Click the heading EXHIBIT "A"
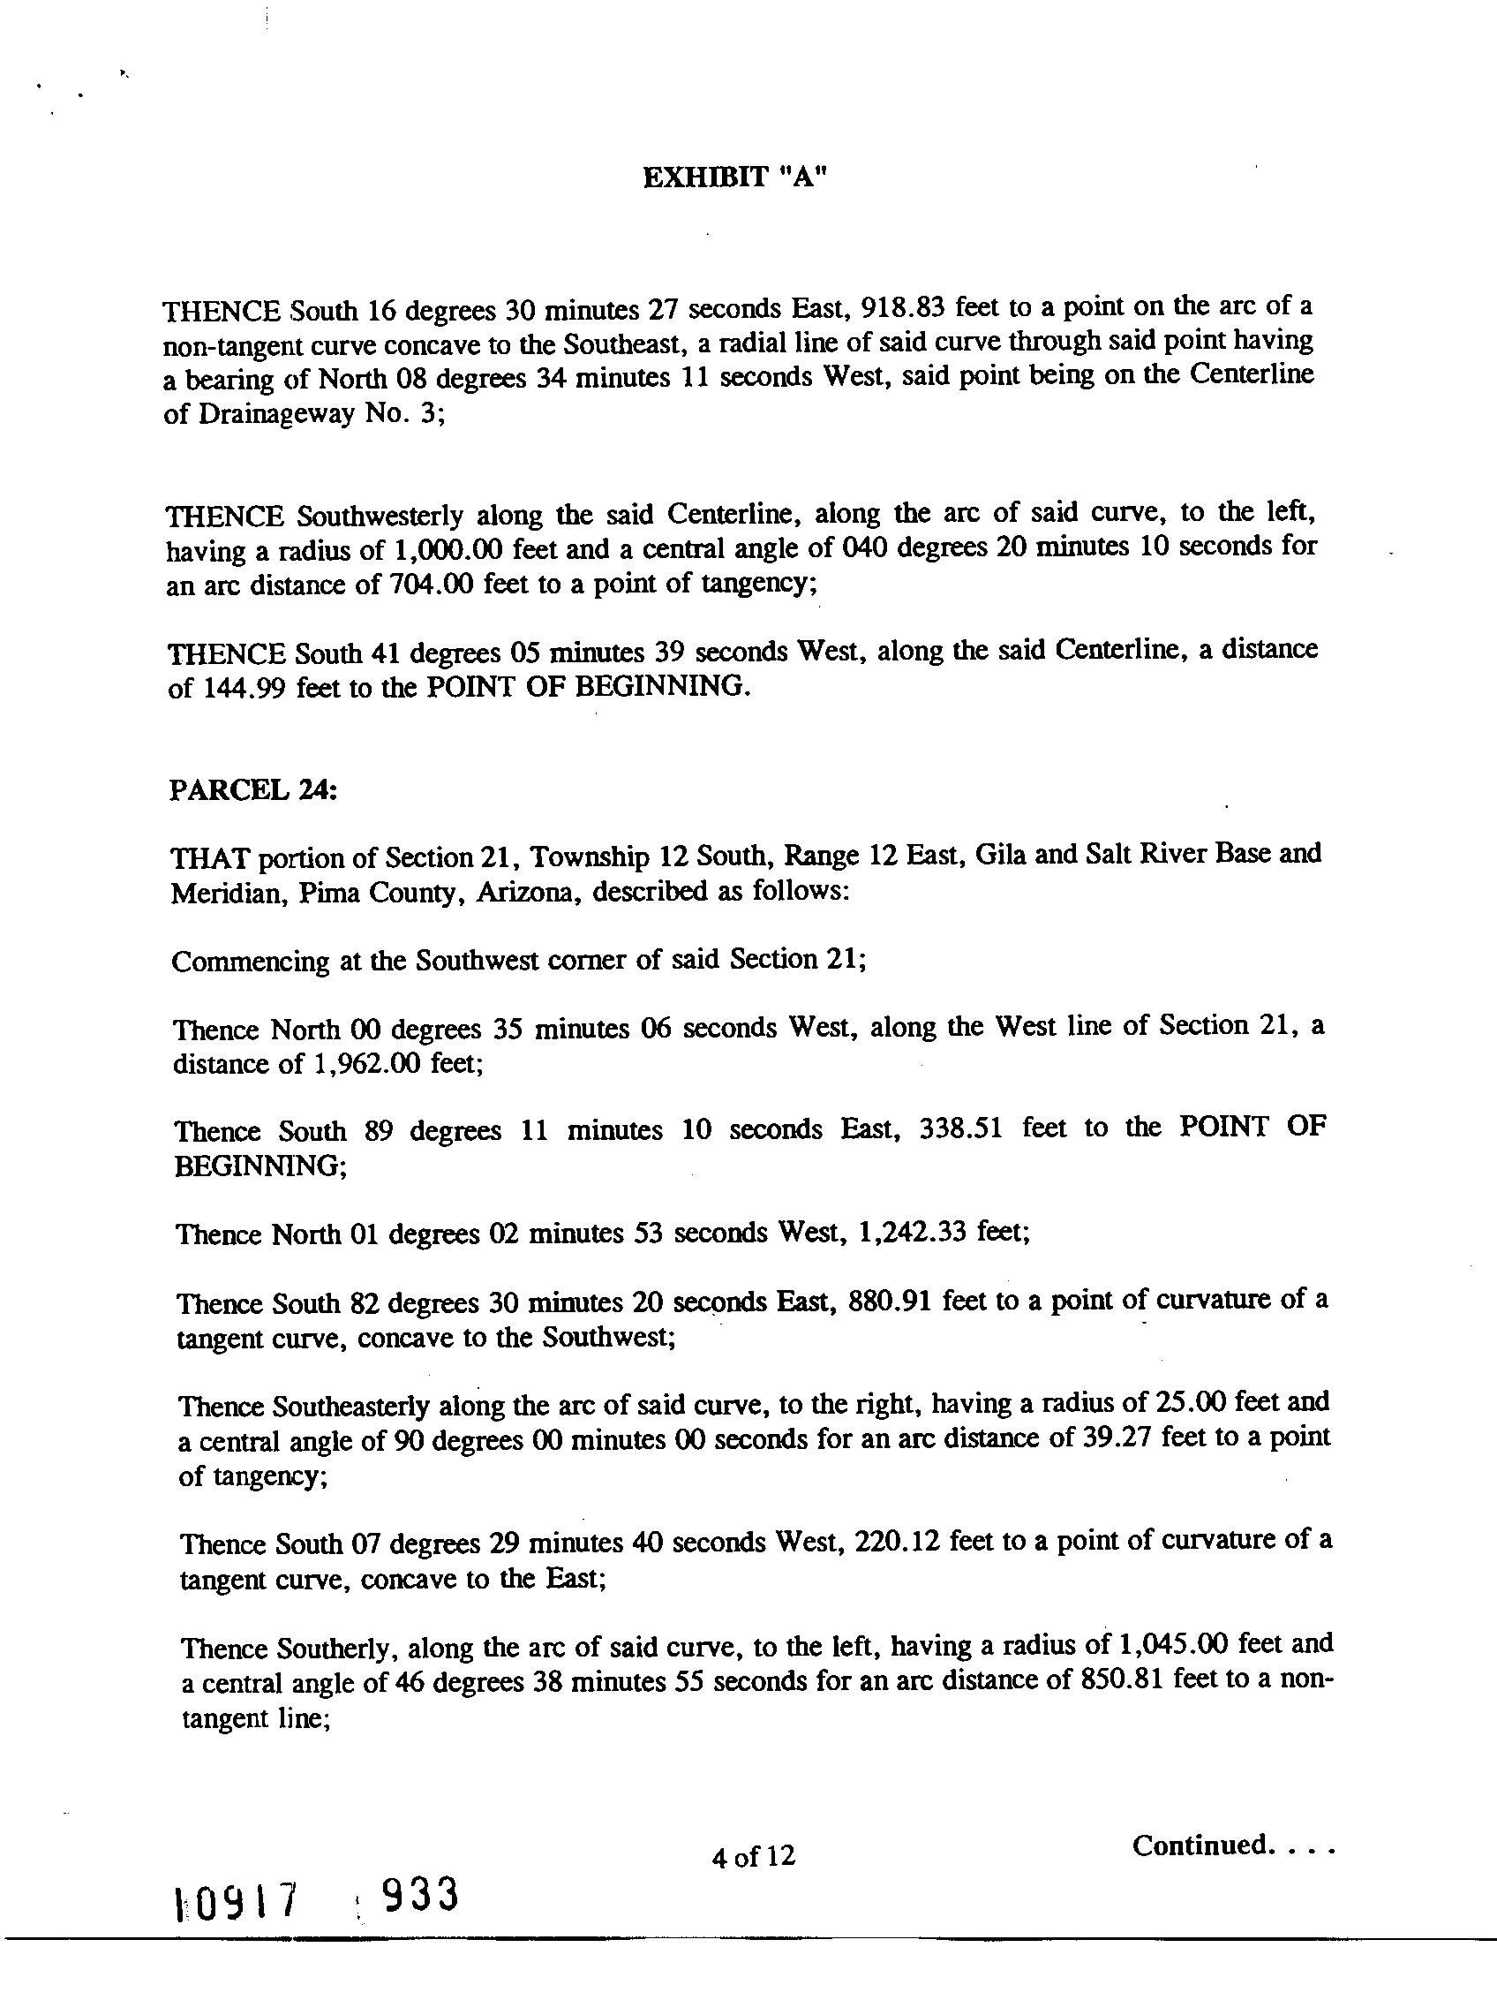(x=734, y=177)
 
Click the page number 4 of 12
(x=753, y=1856)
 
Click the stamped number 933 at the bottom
(x=418, y=1918)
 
